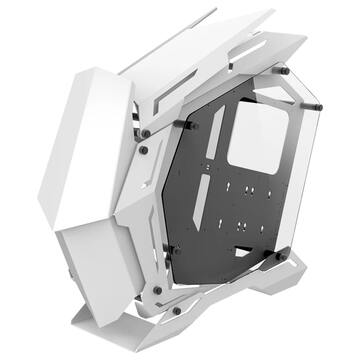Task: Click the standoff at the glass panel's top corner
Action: coord(284,71)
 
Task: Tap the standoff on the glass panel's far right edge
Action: coord(319,104)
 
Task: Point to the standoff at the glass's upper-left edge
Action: coord(187,125)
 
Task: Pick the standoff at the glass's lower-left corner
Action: coord(172,248)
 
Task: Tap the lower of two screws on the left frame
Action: coord(144,151)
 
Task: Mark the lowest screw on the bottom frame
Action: coord(177,310)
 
